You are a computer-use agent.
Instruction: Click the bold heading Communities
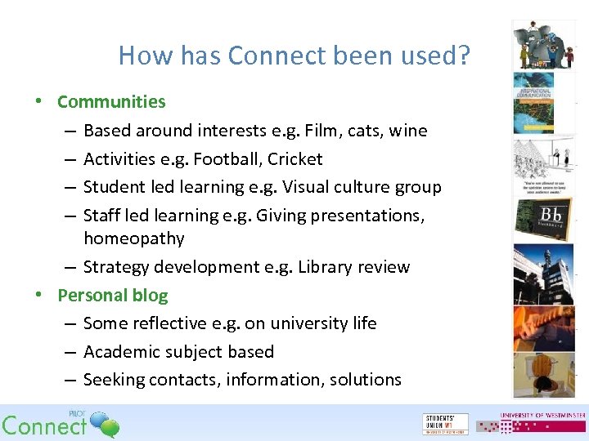(x=111, y=102)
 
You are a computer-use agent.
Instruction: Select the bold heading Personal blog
(x=112, y=296)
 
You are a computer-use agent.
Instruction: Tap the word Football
(x=227, y=159)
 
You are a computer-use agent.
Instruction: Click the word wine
(x=408, y=131)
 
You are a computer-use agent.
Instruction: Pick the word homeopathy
(x=134, y=239)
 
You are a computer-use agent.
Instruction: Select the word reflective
(x=168, y=323)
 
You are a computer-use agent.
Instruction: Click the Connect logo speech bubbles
(x=104, y=423)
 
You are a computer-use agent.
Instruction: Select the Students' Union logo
(x=446, y=423)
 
